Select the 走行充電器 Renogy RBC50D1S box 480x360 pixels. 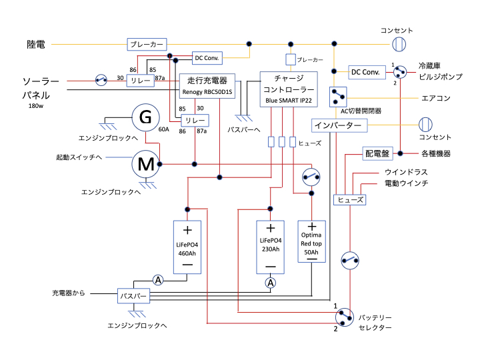point(207,85)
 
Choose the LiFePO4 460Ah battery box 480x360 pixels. point(187,247)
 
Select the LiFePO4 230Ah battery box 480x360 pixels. point(271,247)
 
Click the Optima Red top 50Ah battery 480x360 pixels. point(311,243)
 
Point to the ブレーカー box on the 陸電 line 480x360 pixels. point(146,45)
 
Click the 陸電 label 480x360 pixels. point(36,45)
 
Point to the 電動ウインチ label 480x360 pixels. point(406,183)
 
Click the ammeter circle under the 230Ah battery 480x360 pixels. point(271,283)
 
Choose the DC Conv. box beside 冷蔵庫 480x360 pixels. point(365,71)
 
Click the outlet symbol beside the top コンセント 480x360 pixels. point(398,45)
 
